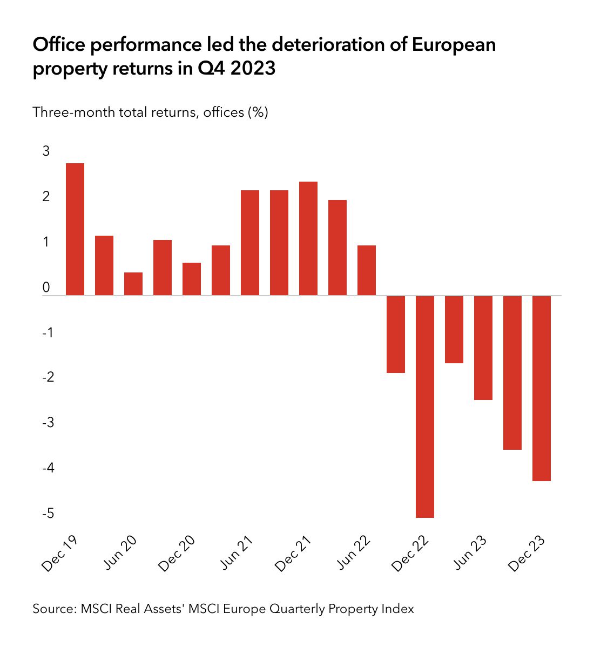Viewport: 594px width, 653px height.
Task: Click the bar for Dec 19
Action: (75, 229)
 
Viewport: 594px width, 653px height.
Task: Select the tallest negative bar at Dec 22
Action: (425, 407)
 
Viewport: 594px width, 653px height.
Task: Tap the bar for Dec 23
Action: (542, 388)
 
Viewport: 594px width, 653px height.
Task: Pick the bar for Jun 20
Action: (133, 284)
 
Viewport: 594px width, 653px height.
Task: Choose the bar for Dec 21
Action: (308, 238)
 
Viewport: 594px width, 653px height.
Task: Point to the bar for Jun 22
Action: (367, 270)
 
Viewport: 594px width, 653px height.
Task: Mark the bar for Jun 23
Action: (483, 348)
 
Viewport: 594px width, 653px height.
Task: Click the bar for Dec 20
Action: (192, 279)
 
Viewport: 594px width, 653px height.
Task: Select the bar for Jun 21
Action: (250, 243)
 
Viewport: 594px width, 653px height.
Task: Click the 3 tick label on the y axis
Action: (46, 151)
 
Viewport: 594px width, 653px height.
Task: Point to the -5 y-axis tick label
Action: (49, 512)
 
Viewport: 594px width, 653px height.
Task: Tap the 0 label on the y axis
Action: (46, 287)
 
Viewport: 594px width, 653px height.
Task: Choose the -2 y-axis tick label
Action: (49, 377)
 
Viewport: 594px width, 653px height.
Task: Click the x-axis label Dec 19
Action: (59, 554)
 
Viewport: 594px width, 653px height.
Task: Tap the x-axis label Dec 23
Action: (526, 554)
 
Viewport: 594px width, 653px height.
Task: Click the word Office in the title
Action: (59, 44)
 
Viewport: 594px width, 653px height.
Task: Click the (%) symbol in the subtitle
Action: (258, 112)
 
